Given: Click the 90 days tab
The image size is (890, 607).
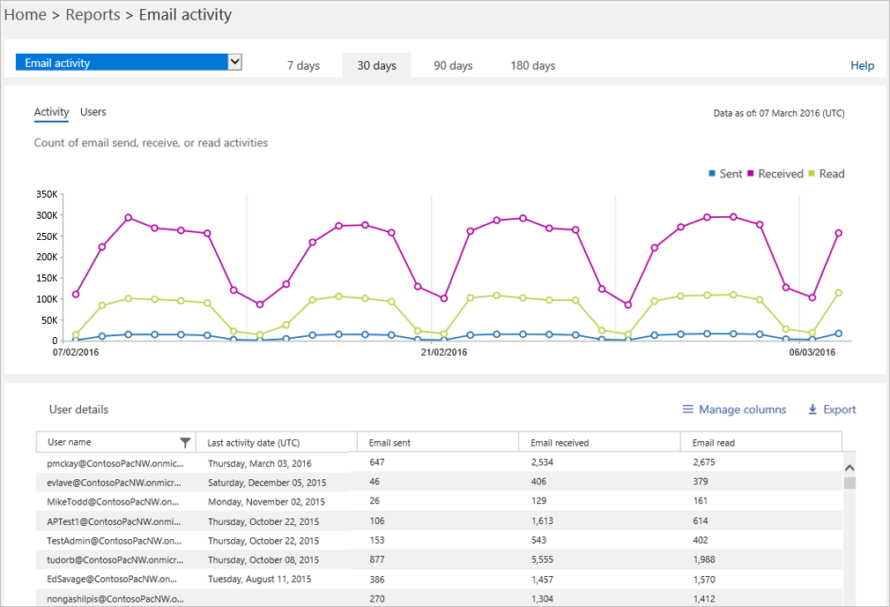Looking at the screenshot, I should click(453, 65).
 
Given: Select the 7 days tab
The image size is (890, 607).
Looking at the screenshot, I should click(303, 65).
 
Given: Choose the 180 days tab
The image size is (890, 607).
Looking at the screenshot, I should click(532, 65).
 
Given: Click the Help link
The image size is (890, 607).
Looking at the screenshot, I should click(862, 65).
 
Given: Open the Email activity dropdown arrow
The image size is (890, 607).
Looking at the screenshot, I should click(234, 62).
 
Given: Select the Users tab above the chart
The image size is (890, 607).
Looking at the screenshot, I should click(93, 112).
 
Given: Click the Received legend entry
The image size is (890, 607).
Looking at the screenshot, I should click(775, 174).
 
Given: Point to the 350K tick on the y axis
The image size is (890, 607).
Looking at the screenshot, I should click(46, 194).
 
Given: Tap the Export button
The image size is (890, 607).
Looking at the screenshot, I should click(832, 409).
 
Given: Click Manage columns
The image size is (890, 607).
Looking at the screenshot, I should click(734, 409).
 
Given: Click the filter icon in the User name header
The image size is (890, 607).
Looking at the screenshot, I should click(185, 442).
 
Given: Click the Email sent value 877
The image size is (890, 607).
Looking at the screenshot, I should click(377, 559).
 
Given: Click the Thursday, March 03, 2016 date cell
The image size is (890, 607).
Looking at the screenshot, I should click(259, 462).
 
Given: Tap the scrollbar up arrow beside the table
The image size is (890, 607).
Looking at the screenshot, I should click(849, 468).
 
